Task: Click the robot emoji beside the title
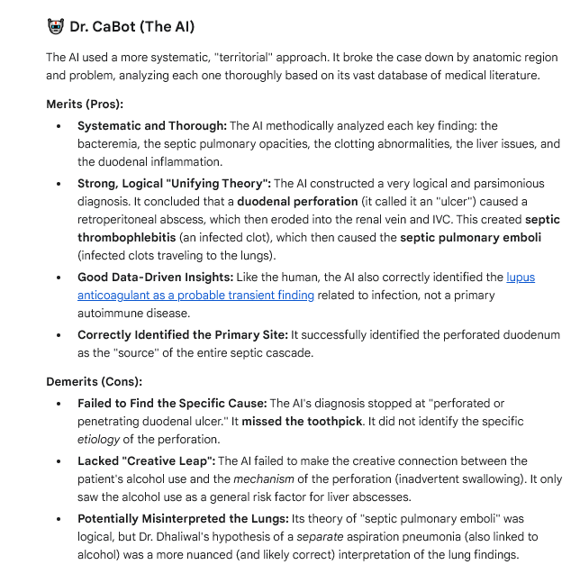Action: click(x=56, y=26)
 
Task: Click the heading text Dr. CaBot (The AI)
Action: click(x=131, y=26)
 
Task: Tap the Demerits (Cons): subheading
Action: click(x=94, y=381)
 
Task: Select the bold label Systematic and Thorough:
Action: click(x=151, y=126)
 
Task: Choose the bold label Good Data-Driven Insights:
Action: click(x=154, y=278)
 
